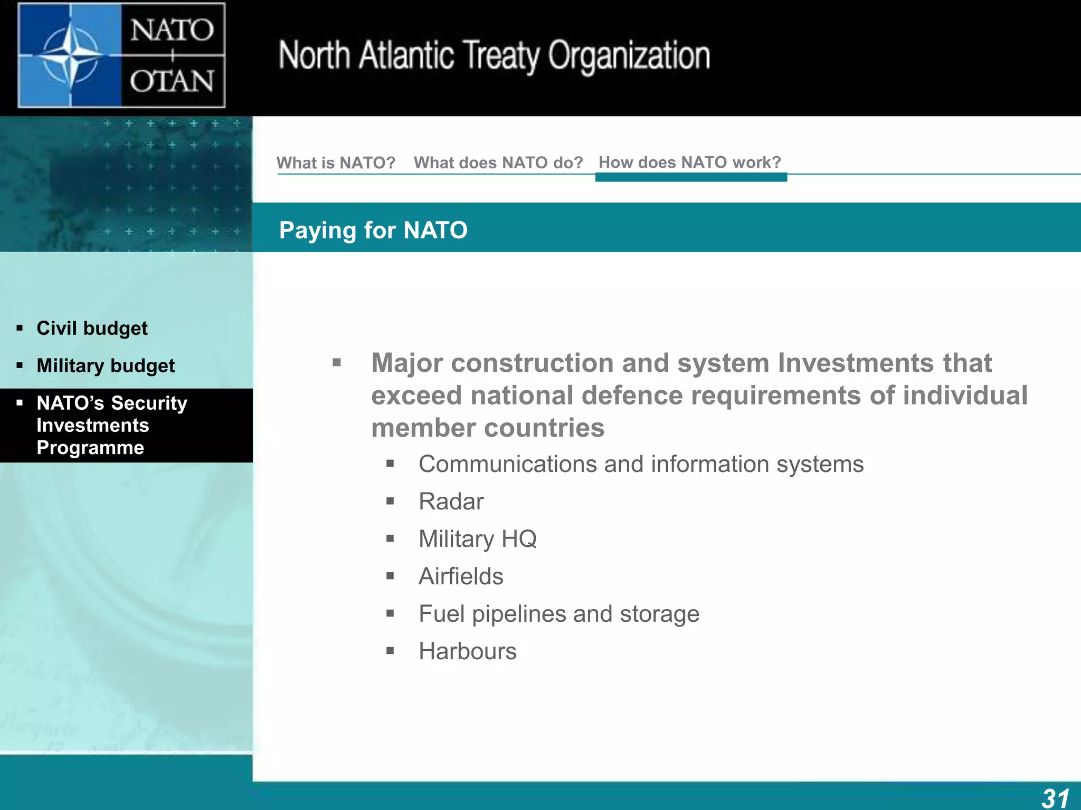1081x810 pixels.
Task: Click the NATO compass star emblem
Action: point(70,54)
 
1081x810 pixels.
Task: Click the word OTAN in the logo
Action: point(172,82)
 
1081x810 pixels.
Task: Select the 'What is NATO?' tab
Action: point(336,162)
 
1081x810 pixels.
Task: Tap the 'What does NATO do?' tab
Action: point(498,162)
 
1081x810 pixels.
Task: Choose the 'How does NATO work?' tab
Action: point(689,162)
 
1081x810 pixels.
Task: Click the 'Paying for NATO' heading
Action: point(373,230)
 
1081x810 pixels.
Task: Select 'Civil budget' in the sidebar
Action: point(92,328)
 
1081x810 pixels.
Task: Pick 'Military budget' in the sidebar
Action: point(106,365)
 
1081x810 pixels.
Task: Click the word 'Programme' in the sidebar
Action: point(90,448)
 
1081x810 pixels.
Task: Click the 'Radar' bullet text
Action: point(451,502)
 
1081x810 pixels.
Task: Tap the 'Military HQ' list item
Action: point(477,539)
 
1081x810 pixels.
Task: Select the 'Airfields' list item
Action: point(461,576)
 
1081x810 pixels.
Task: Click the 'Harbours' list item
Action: point(467,651)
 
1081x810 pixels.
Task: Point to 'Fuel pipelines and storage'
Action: point(558,614)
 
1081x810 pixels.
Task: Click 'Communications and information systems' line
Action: point(641,464)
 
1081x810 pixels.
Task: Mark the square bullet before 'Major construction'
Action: point(337,363)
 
